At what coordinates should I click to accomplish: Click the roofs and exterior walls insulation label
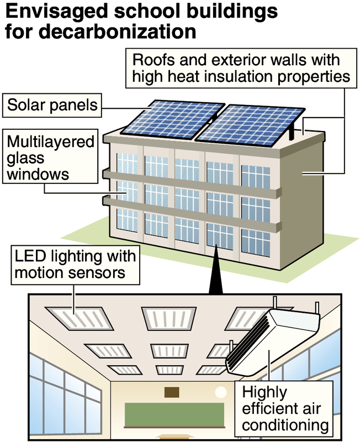point(239,67)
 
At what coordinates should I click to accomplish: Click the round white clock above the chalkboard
point(221,393)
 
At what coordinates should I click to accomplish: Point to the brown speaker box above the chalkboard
point(171,392)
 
